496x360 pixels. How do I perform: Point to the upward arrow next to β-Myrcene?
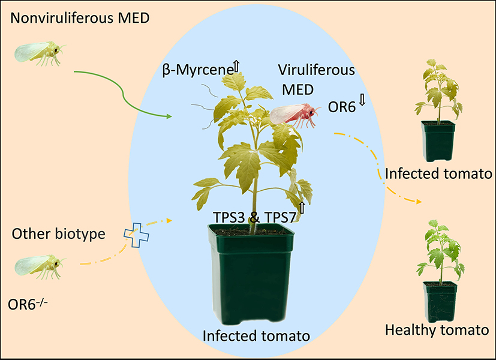[236, 67]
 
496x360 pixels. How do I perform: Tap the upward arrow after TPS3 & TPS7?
[302, 208]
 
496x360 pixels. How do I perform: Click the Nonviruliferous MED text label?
[80, 19]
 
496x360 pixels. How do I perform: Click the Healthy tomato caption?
[438, 330]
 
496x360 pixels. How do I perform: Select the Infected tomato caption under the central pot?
[256, 335]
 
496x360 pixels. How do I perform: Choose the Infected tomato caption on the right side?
[439, 175]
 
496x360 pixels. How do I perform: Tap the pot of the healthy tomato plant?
[440, 300]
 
